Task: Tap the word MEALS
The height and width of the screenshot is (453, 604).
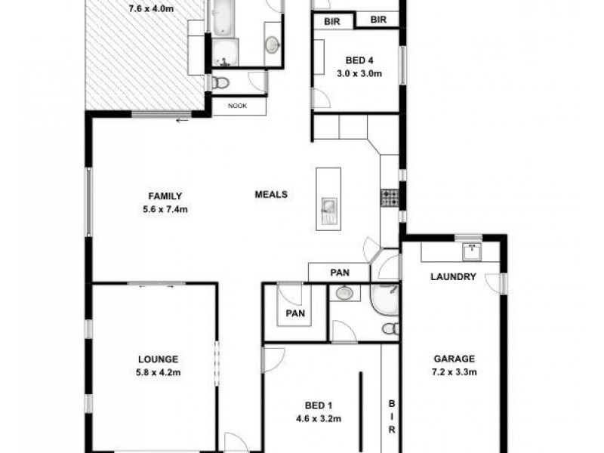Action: click(271, 194)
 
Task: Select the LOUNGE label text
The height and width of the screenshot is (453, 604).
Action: click(158, 359)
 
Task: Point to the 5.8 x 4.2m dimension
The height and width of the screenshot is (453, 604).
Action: click(158, 372)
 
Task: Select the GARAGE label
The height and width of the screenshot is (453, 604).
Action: click(453, 359)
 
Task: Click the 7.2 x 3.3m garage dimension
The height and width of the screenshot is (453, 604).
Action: click(453, 372)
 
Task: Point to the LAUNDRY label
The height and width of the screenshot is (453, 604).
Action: click(453, 277)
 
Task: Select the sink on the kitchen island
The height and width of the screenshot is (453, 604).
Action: click(329, 206)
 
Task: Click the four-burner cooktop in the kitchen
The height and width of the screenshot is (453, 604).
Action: click(390, 198)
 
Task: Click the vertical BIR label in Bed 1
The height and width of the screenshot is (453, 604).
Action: click(392, 416)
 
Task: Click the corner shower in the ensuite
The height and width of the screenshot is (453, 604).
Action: click(385, 301)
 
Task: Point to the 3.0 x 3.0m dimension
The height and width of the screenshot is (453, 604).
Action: click(359, 74)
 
